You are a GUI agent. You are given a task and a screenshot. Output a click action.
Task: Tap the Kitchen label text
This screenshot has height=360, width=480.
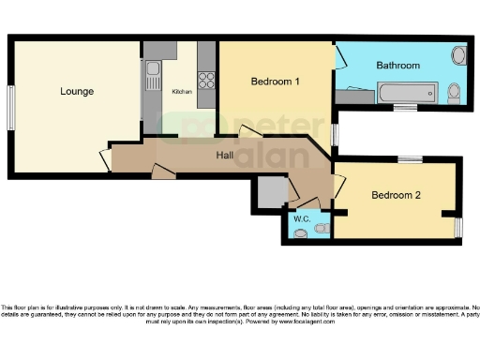pos(181,92)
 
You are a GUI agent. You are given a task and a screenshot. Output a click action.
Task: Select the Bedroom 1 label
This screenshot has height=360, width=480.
pos(275,82)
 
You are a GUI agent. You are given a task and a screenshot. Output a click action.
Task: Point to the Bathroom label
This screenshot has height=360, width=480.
pos(397,65)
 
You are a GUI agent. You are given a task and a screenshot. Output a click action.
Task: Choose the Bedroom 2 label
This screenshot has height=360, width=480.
pos(396,196)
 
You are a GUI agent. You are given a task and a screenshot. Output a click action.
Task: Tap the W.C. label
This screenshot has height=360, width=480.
pos(302,218)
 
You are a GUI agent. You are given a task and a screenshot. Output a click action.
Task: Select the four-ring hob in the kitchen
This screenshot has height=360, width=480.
pos(207,80)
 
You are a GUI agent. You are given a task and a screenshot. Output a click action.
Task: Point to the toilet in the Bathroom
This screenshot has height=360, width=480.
pos(454,91)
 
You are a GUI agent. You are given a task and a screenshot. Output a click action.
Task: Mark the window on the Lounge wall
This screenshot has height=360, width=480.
pos(12,108)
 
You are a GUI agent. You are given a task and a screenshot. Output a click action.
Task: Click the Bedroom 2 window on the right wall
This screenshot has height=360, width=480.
pos(458,226)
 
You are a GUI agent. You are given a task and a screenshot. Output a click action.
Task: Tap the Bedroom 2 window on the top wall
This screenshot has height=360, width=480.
pos(409,160)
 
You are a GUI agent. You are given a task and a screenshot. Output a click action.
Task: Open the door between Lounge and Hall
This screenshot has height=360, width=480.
pos(105,158)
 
